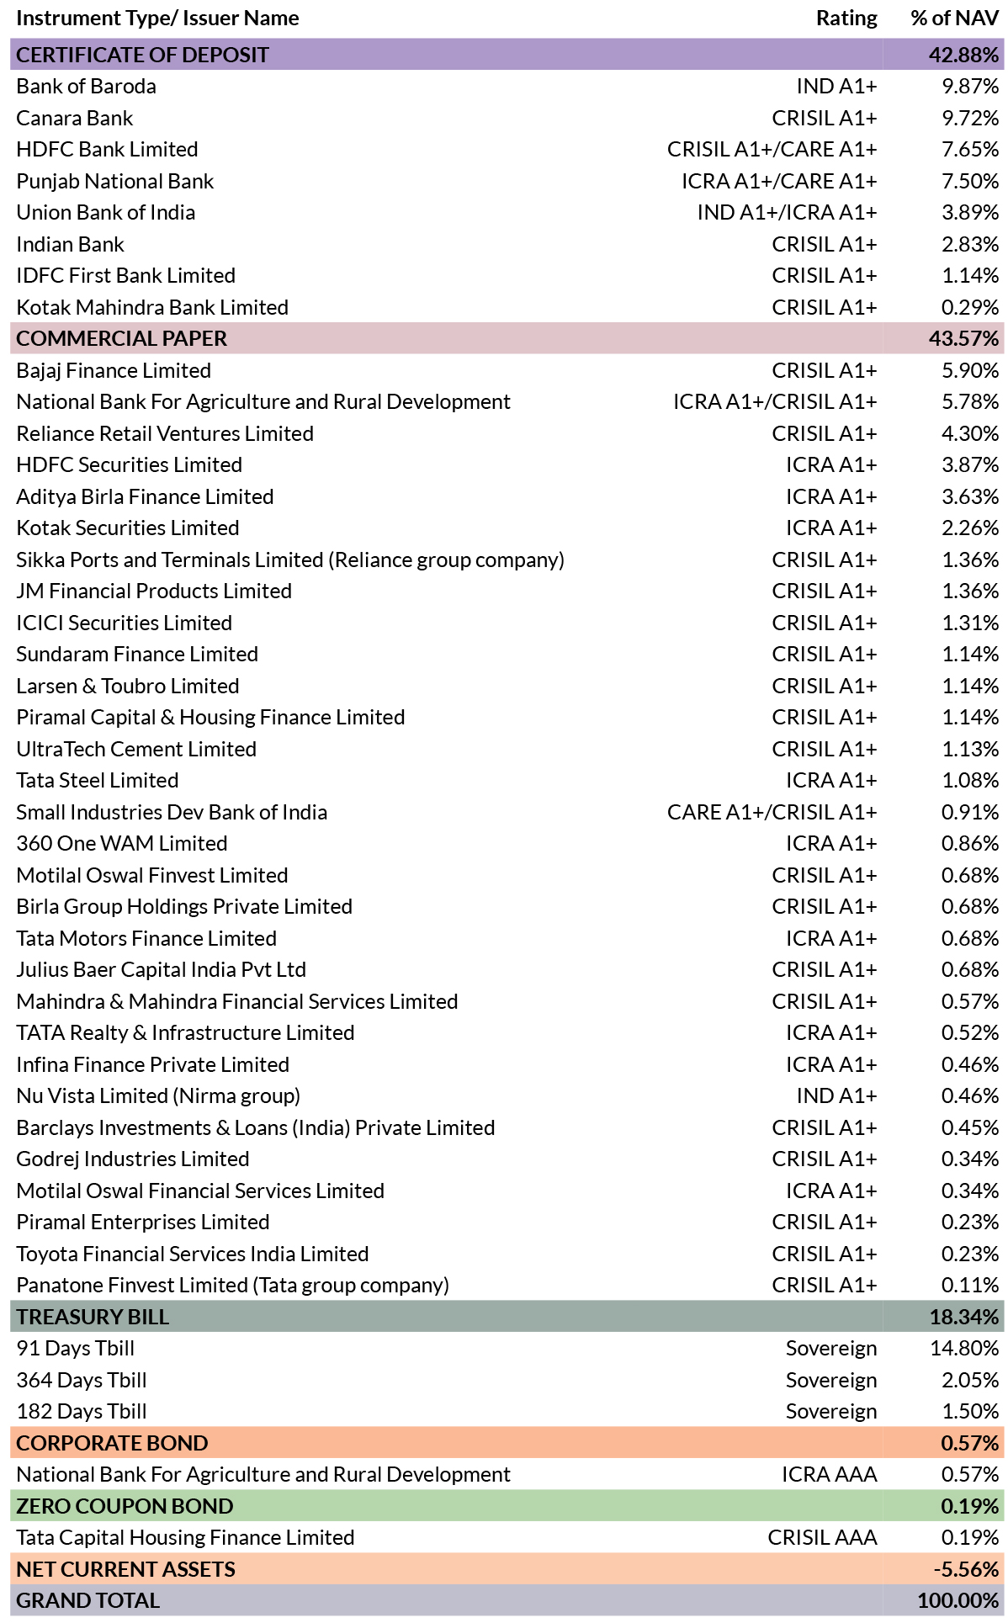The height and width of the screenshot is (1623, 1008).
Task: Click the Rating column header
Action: (x=846, y=19)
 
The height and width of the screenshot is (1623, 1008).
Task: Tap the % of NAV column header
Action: (x=954, y=19)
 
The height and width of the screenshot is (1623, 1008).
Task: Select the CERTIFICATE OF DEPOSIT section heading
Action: (x=142, y=55)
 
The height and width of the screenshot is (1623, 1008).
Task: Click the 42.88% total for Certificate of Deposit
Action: (x=963, y=55)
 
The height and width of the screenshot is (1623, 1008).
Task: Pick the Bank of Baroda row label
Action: (x=86, y=87)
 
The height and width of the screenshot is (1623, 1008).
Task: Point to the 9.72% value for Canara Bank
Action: (x=969, y=119)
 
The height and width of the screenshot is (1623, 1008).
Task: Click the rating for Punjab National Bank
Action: (x=778, y=182)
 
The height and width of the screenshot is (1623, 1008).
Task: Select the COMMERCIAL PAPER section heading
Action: (x=121, y=339)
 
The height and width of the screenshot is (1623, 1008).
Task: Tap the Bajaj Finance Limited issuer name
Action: (x=114, y=371)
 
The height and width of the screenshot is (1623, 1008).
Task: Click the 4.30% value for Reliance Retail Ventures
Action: (x=969, y=434)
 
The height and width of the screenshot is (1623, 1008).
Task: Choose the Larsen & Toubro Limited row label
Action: (x=127, y=687)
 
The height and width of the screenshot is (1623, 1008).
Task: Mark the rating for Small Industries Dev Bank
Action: (x=772, y=813)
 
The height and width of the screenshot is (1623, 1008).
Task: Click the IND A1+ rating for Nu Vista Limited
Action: (x=836, y=1096)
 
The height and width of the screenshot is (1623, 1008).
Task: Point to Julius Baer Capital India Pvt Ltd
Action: (x=161, y=970)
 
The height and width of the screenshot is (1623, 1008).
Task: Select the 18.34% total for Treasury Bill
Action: (x=963, y=1318)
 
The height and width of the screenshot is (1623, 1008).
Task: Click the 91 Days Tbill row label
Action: (x=75, y=1349)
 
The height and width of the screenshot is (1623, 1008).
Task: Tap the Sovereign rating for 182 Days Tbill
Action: (x=830, y=1412)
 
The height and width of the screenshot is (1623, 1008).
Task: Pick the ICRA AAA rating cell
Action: (x=829, y=1475)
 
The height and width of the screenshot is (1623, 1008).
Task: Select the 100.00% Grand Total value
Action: (x=958, y=1601)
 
